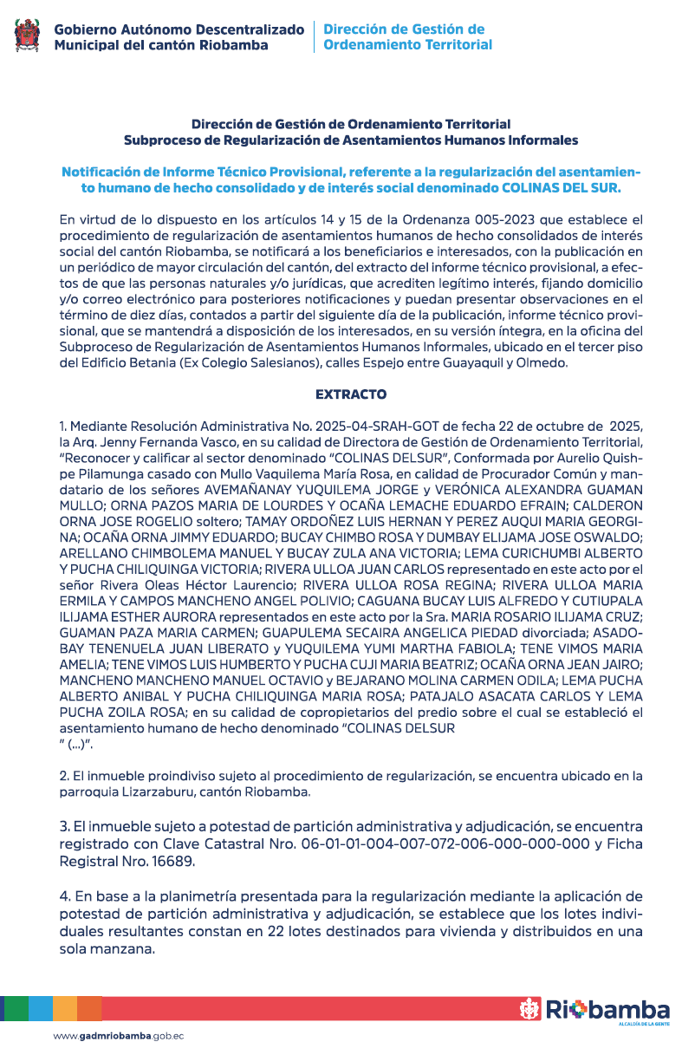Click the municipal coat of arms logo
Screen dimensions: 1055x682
pos(28,36)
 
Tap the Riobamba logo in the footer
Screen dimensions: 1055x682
pos(594,1009)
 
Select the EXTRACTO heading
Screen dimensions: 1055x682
pos(351,394)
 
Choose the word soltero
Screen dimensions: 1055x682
pos(213,521)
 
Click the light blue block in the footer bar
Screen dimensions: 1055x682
pos(40,1008)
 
